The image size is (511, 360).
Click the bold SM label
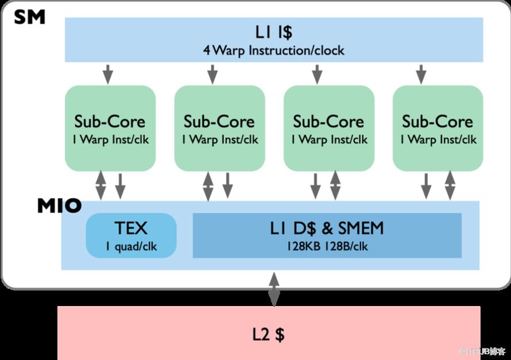[29, 17]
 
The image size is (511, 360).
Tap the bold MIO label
[59, 206]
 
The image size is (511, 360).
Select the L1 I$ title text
[273, 32]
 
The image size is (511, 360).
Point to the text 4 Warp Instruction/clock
[273, 50]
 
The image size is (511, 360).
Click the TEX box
[131, 235]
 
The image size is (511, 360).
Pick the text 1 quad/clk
[131, 247]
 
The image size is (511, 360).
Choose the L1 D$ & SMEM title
[327, 229]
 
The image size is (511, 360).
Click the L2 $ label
[268, 334]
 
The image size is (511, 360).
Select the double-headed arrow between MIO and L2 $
[274, 289]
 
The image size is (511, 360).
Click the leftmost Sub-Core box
[110, 128]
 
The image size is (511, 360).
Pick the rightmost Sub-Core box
[438, 128]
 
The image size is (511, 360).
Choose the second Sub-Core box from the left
[219, 128]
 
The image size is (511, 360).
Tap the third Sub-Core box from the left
[328, 128]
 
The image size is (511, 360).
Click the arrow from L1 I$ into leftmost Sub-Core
[107, 73]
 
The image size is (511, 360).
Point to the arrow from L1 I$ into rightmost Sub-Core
[421, 73]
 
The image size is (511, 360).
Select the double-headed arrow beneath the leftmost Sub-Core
[100, 185]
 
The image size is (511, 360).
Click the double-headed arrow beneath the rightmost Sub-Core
[450, 185]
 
